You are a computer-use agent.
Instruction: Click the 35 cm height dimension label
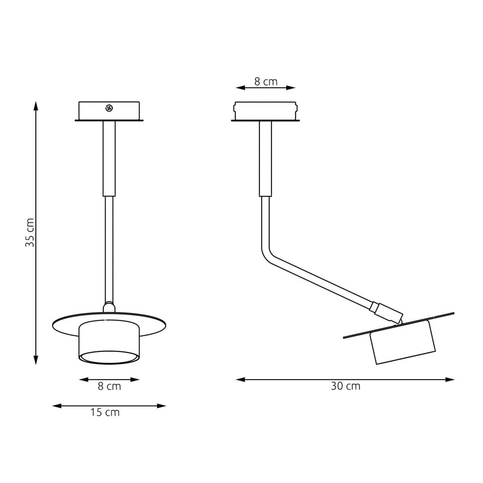pos(30,233)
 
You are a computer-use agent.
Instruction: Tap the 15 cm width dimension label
pos(105,412)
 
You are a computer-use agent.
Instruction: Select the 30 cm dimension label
pos(345,386)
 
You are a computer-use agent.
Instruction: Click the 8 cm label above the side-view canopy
pos(266,81)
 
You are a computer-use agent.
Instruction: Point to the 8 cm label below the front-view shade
pos(109,386)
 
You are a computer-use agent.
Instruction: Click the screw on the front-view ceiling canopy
pos(109,108)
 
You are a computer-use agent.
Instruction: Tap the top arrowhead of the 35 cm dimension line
pos(36,106)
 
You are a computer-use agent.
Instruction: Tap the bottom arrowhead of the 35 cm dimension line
pos(36,360)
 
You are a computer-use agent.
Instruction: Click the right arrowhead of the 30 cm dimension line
pos(450,380)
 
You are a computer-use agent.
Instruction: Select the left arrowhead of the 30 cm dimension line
pos(241,380)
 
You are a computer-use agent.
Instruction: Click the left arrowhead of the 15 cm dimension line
pos(57,406)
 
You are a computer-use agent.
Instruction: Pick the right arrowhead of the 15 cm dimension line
pos(161,406)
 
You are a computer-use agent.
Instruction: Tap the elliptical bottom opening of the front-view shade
pos(109,357)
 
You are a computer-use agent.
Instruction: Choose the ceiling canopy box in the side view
pos(266,111)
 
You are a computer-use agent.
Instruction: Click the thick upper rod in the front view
pos(109,159)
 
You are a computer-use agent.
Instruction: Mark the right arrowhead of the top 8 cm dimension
pos(291,88)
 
